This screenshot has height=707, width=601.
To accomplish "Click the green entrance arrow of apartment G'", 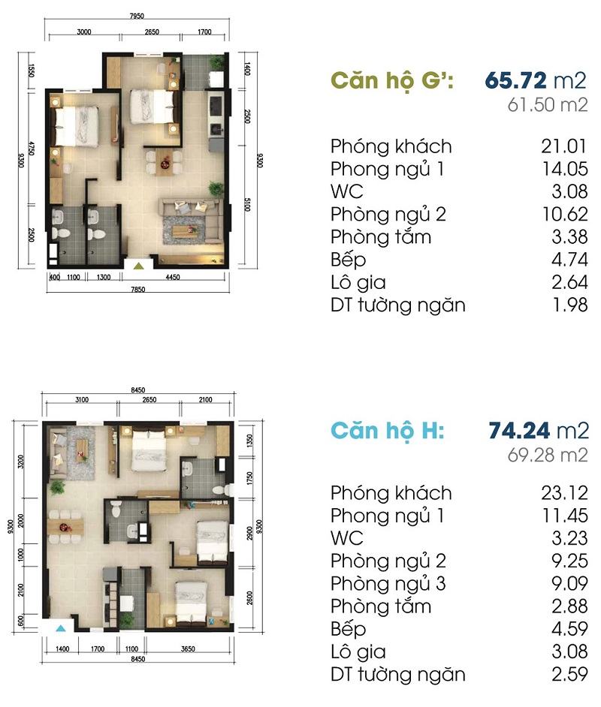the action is pos(138,266).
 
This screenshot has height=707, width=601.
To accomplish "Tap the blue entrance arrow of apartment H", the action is pos(62,628).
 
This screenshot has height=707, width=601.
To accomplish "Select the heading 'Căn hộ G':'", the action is pos(392,81).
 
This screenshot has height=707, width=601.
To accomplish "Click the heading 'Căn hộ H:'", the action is pos(388,431).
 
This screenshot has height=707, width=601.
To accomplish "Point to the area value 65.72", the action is pos(516,81).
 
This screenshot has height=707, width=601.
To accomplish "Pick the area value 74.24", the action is pos(519,431).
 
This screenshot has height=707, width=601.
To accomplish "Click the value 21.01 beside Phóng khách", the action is pos(564,146).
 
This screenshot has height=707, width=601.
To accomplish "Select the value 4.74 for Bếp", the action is pos(569,260).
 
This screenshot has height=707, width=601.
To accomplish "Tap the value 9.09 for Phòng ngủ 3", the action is pos(569,583).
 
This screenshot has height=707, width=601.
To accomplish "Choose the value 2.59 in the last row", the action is pos(569,674).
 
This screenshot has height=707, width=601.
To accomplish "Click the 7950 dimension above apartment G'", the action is pos(137,16).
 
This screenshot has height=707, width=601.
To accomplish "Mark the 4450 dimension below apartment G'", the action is pos(172,277).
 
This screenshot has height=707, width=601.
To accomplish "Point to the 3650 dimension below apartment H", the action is pos(188,649).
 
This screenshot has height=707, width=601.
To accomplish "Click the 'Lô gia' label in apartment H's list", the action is pos(358,652).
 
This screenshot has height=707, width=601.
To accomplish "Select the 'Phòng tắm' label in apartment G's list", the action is pos(381,237).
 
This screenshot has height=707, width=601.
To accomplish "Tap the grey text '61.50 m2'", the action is pos(548,105).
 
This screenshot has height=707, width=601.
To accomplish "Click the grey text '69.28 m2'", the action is pos(548,455).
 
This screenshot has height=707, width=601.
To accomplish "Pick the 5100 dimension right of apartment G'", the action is pos(247,205).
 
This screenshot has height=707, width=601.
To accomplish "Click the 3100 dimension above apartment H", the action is pos(82,399).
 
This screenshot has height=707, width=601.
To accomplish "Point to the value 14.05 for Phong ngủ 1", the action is pos(565,169).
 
